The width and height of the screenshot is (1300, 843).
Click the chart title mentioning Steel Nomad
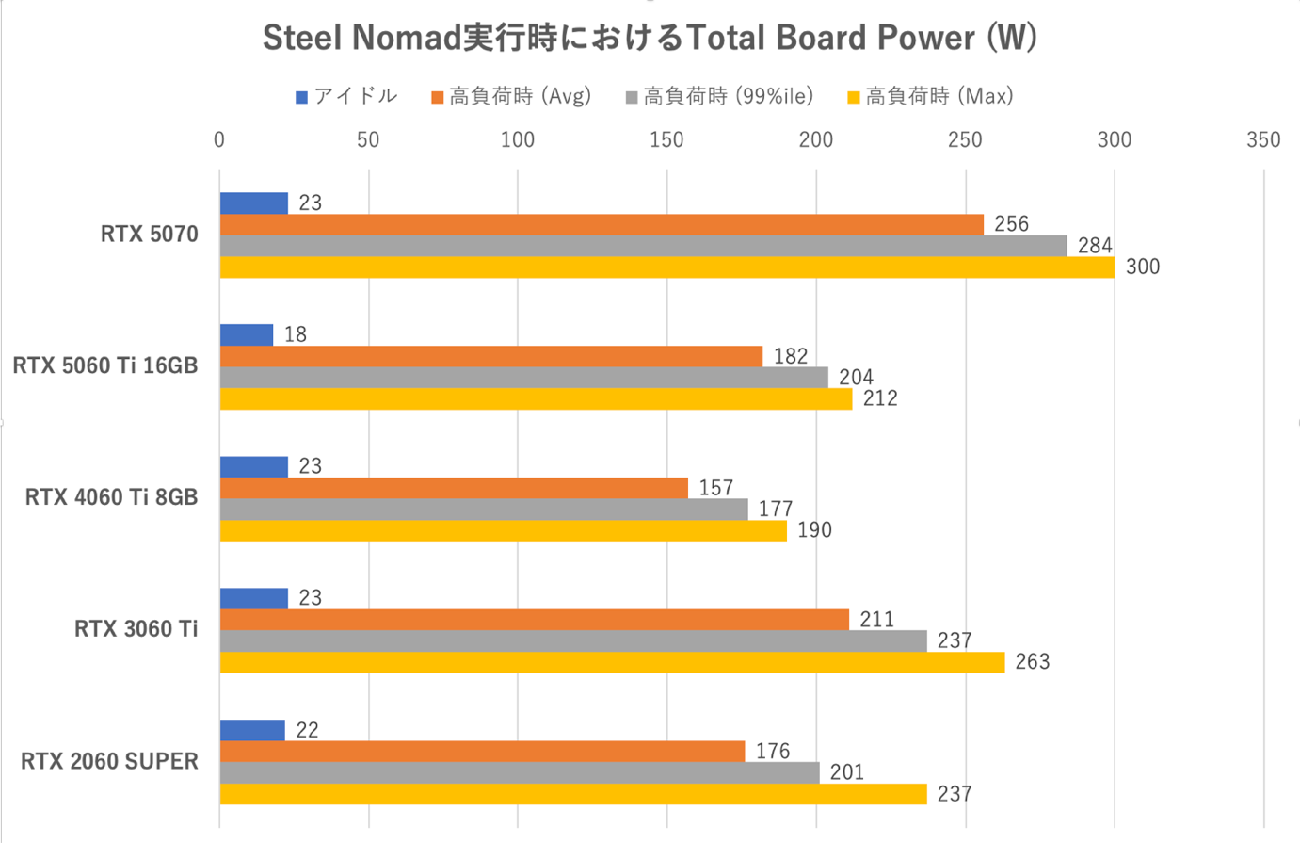click(x=650, y=39)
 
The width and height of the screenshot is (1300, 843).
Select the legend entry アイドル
click(x=346, y=97)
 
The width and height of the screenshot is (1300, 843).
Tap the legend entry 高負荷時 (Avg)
click(x=511, y=97)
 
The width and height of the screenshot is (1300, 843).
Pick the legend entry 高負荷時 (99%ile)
click(x=719, y=97)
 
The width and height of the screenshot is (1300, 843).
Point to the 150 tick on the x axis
click(x=666, y=140)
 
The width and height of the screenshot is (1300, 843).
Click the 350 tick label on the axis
click(x=1263, y=140)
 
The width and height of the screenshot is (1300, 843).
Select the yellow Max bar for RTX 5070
click(x=666, y=267)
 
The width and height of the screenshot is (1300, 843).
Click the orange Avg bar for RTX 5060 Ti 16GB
click(x=490, y=356)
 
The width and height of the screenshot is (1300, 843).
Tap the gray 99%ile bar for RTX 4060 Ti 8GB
click(x=484, y=510)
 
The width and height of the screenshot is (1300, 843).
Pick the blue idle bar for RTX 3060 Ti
click(x=253, y=598)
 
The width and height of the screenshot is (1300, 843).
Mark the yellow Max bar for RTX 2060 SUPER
click(x=572, y=794)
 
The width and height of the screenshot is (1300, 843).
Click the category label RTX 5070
click(x=150, y=235)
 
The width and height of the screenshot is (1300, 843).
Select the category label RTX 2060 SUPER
click(x=109, y=761)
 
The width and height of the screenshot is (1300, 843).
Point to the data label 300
click(x=1143, y=267)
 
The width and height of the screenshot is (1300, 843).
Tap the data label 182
click(x=791, y=356)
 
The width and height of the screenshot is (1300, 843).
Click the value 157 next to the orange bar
click(x=715, y=488)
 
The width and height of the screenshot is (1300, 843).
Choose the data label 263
click(x=1032, y=662)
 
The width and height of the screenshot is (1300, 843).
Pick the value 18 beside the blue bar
click(x=296, y=334)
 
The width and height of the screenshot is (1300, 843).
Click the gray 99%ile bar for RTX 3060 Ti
click(x=572, y=640)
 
